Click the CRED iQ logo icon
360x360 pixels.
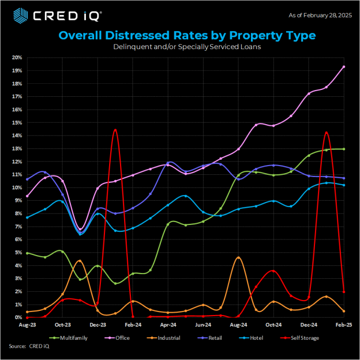pyautogui.click(x=19, y=16)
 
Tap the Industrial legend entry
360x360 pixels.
pyautogui.click(x=165, y=338)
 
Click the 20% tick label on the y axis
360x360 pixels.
pyautogui.click(x=17, y=57)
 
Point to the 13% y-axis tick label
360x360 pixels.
pyautogui.click(x=17, y=148)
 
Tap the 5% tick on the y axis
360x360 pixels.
pyautogui.click(x=18, y=252)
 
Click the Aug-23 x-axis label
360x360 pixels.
pyautogui.click(x=27, y=325)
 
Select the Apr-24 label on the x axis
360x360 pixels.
pyautogui.click(x=168, y=325)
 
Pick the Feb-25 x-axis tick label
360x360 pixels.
pyautogui.click(x=343, y=325)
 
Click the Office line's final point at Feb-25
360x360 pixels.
pyautogui.click(x=344, y=67)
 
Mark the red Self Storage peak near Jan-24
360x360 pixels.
pyautogui.click(x=115, y=129)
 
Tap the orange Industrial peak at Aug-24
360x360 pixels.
pyautogui.click(x=238, y=257)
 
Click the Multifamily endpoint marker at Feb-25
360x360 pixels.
pyautogui.click(x=344, y=149)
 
